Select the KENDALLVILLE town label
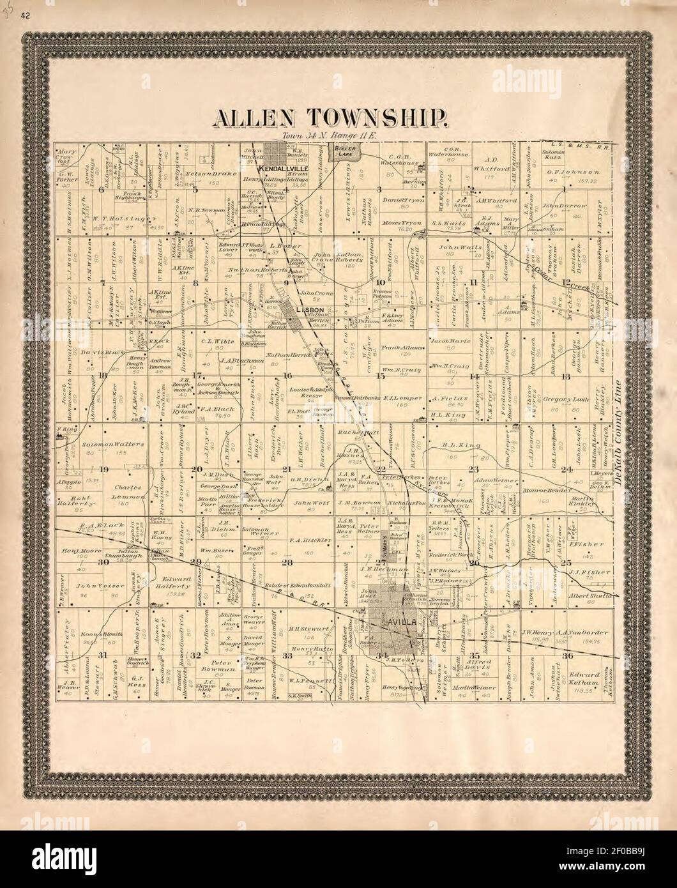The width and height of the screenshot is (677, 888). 284,168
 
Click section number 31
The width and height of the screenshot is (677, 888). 103,656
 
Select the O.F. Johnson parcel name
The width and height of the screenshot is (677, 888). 573,172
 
